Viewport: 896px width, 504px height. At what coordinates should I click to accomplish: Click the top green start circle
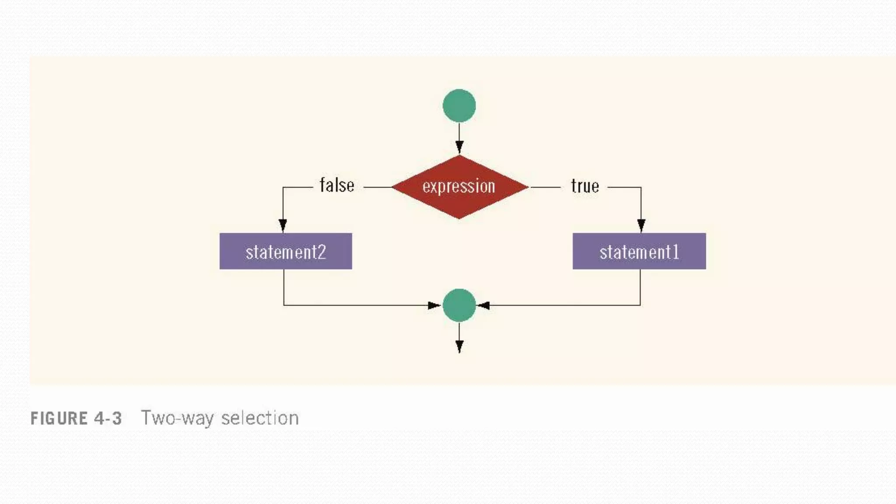(x=459, y=106)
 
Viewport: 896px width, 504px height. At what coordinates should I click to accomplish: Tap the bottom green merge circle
(x=459, y=305)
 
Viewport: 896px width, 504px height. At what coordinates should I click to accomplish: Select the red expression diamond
(x=459, y=187)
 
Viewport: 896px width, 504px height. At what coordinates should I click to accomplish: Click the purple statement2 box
(x=286, y=251)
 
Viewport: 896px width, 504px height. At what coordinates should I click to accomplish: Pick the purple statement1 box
(x=639, y=251)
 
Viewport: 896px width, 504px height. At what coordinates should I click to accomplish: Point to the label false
(x=337, y=185)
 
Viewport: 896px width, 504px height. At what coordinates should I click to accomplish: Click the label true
(x=585, y=186)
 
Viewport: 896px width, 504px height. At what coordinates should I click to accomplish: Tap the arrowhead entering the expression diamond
(x=459, y=147)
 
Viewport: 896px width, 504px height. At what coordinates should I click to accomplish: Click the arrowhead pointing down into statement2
(x=283, y=225)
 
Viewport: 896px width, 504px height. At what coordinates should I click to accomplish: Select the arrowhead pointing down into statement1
(x=641, y=225)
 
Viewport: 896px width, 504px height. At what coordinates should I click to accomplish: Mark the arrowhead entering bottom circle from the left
(x=434, y=305)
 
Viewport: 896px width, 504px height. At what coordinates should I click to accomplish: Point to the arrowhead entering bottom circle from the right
(x=483, y=305)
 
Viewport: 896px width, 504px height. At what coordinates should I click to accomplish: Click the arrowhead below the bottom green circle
(x=459, y=346)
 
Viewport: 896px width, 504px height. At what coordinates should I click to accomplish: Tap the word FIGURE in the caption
(x=59, y=419)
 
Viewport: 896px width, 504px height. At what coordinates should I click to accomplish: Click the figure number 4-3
(x=108, y=419)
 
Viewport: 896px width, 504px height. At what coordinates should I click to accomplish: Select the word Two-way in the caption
(x=177, y=418)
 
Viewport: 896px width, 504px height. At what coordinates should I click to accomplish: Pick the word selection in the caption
(x=260, y=418)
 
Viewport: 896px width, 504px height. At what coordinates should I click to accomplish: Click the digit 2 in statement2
(x=321, y=252)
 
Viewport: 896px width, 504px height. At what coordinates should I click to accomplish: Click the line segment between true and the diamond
(x=545, y=187)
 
